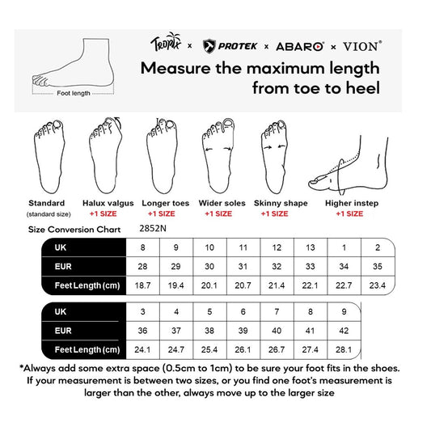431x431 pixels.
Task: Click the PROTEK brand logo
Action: tap(232, 46)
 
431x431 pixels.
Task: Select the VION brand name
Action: tap(362, 46)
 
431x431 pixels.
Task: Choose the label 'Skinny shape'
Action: tap(281, 203)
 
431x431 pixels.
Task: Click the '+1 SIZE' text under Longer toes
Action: tap(161, 213)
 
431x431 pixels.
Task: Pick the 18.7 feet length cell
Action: tap(144, 285)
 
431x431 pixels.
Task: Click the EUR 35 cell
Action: tap(377, 266)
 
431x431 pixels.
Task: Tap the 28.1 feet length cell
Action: tap(344, 349)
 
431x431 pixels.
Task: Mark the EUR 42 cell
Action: tap(344, 330)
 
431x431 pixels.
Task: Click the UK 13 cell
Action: tap(311, 247)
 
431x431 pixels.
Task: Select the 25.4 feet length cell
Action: tap(210, 349)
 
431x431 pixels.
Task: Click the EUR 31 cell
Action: tap(243, 266)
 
